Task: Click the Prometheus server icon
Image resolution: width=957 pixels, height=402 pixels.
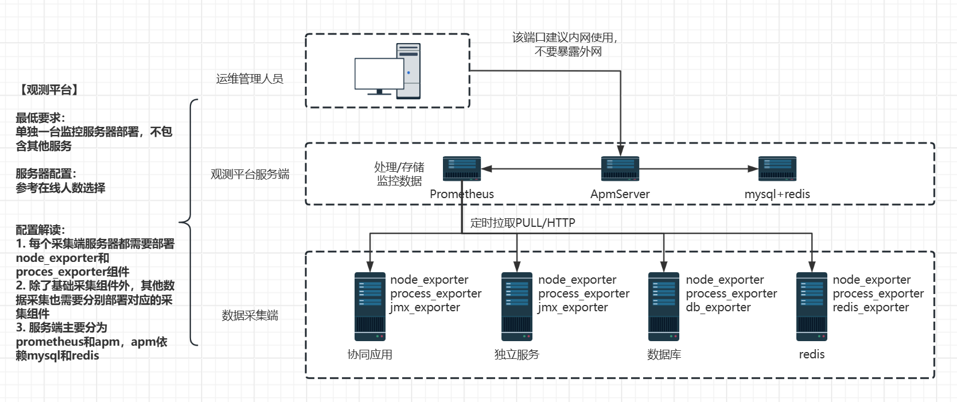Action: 462,169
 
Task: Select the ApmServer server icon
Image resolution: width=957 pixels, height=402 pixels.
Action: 620,169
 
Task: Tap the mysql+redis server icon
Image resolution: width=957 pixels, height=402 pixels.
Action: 777,169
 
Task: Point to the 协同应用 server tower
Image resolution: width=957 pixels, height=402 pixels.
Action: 370,307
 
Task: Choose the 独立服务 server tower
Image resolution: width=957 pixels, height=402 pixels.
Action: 517,307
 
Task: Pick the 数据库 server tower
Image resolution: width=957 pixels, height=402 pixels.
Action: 664,307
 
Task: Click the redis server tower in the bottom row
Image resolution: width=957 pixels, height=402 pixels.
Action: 812,307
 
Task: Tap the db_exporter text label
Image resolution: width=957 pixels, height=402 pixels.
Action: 718,307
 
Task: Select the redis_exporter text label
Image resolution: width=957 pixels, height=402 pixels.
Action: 871,307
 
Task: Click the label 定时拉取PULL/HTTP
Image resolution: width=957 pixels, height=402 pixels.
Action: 523,223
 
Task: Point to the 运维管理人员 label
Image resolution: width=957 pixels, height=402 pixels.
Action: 250,79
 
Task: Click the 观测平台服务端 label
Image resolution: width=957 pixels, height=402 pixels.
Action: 250,174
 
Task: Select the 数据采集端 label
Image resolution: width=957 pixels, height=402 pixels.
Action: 250,315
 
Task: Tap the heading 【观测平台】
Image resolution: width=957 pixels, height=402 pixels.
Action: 49,90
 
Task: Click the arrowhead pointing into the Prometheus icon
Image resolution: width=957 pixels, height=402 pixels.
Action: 487,169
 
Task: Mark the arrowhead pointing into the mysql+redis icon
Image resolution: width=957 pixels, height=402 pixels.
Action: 753,169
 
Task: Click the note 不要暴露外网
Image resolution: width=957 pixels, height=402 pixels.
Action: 568,52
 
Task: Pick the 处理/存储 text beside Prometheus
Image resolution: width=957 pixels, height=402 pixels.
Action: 399,167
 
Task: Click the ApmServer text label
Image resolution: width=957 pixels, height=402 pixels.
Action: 620,194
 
